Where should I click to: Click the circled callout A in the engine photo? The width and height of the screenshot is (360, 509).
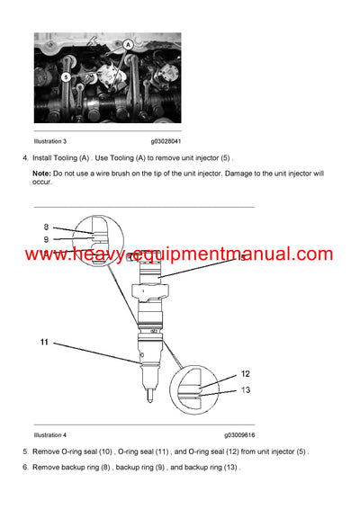pyautogui.click(x=130, y=43)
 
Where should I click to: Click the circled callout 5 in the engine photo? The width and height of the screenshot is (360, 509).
pyautogui.click(x=66, y=77)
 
